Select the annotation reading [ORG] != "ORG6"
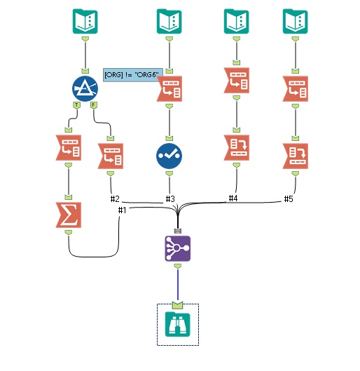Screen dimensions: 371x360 point(132,74)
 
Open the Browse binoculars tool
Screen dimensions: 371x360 point(177,324)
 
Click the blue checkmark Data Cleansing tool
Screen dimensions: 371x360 point(169,155)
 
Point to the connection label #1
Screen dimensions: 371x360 point(123,210)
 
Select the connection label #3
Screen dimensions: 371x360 point(169,199)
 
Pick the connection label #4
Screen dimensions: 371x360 point(233,199)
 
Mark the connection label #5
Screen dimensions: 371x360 point(288,199)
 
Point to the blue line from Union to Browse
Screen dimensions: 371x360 point(177,284)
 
